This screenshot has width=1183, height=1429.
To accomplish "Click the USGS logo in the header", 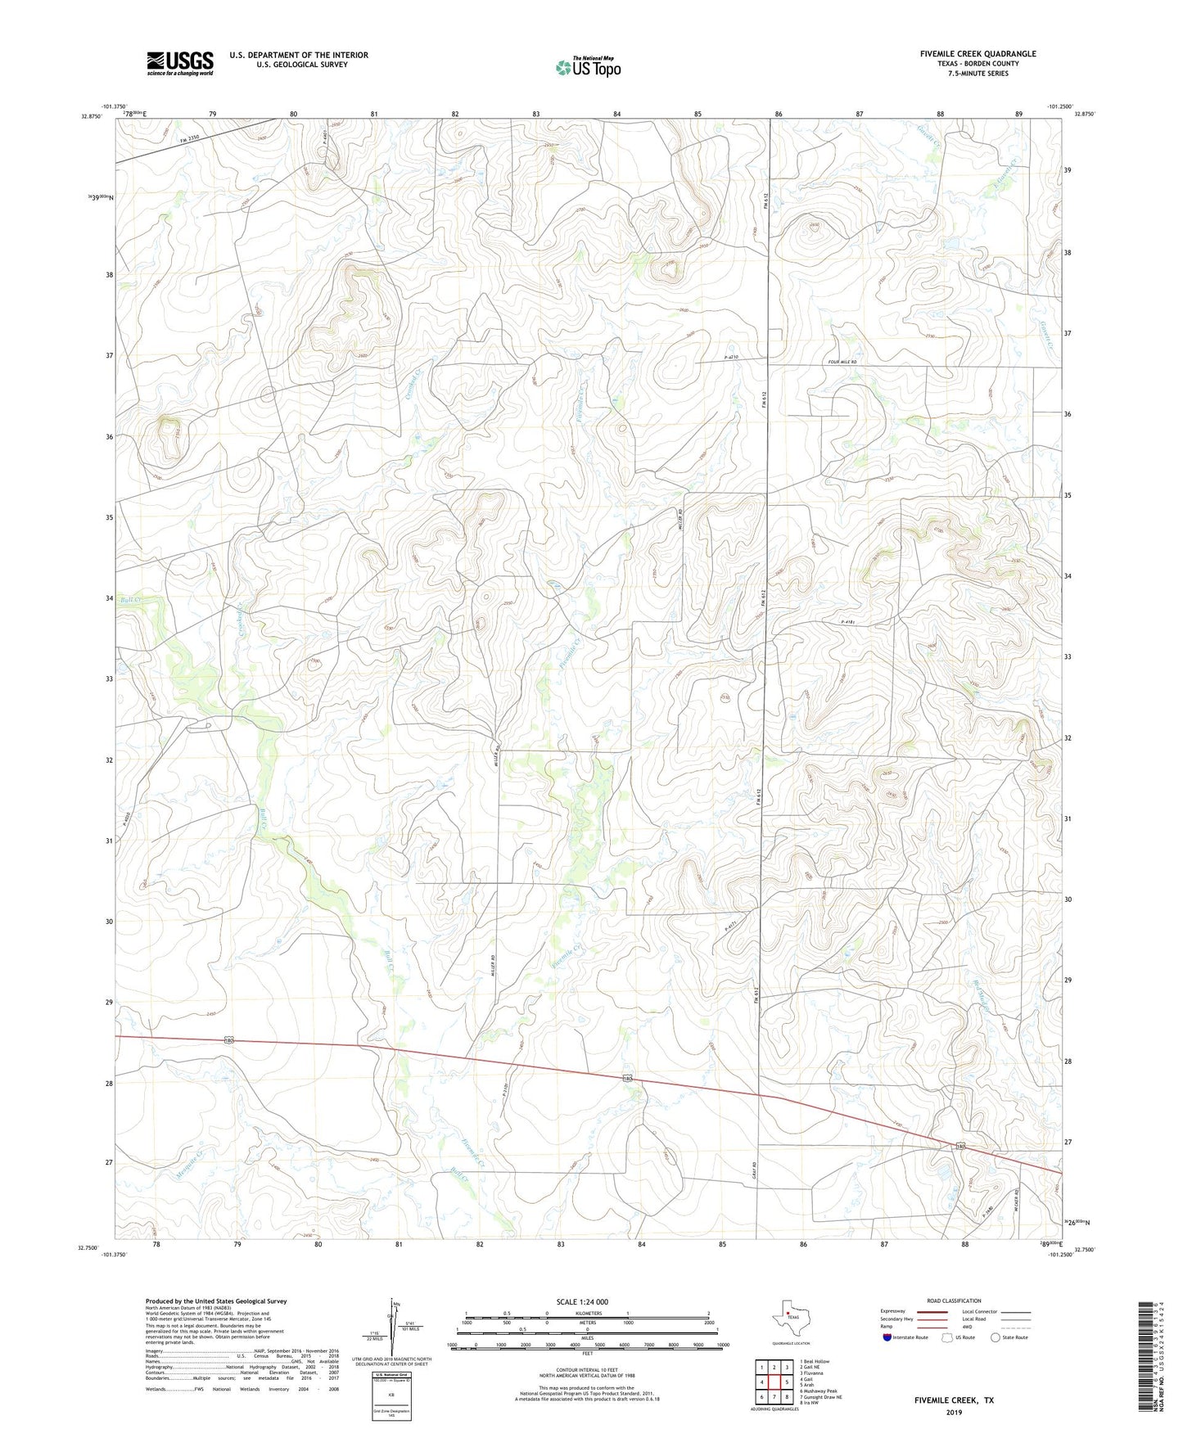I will point(180,63).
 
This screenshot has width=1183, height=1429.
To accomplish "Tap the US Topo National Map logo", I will point(588,66).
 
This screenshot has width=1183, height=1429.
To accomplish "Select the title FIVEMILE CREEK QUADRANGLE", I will point(978,54).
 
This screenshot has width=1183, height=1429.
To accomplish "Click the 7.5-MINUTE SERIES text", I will point(978,74).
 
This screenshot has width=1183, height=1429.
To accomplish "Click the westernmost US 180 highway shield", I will point(230,1040).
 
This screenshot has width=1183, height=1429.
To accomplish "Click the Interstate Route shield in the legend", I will point(888,1337).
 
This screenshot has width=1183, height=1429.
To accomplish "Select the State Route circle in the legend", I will point(995,1337).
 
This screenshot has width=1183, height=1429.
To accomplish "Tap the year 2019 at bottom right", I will point(954,1412).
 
